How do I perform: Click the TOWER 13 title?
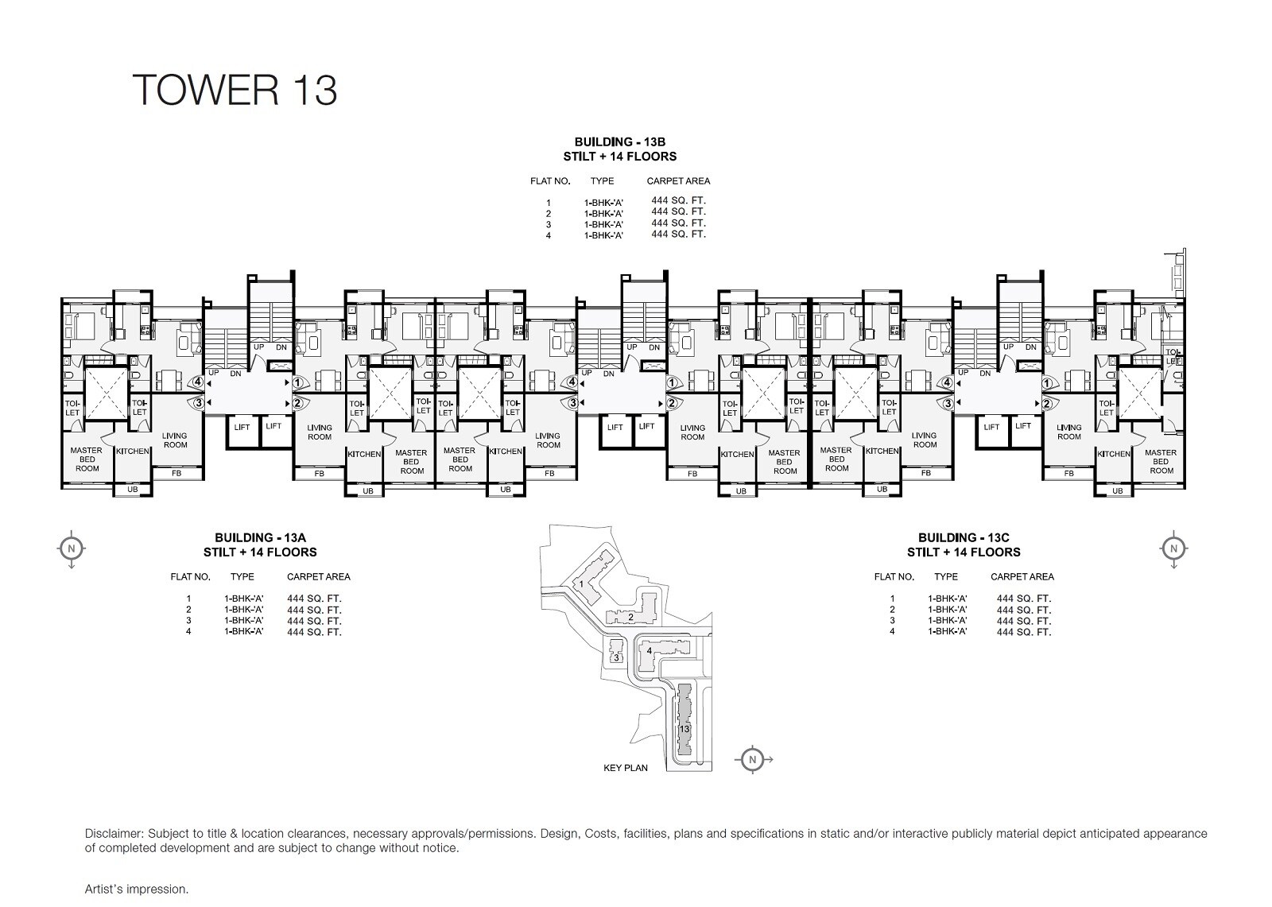click(x=235, y=89)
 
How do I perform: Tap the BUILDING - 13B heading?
click(x=620, y=142)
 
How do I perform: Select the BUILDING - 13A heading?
click(x=260, y=537)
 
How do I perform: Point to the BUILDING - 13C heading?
click(x=964, y=537)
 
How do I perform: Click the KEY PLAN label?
click(x=626, y=768)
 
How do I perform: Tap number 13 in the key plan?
click(x=684, y=728)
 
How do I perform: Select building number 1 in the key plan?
click(x=582, y=584)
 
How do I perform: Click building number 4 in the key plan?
click(x=650, y=651)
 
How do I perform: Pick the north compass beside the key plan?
click(x=752, y=759)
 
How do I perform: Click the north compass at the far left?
click(x=71, y=548)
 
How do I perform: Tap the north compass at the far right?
click(x=1172, y=548)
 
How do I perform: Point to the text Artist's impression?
click(x=137, y=889)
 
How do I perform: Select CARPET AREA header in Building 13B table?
click(x=678, y=181)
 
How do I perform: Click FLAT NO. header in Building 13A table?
click(x=190, y=576)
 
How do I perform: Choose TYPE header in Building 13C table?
click(x=946, y=576)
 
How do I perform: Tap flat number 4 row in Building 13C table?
click(x=962, y=631)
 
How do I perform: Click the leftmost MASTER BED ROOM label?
click(x=87, y=459)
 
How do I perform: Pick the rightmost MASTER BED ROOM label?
click(x=1161, y=461)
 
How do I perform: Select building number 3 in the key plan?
click(x=615, y=657)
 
